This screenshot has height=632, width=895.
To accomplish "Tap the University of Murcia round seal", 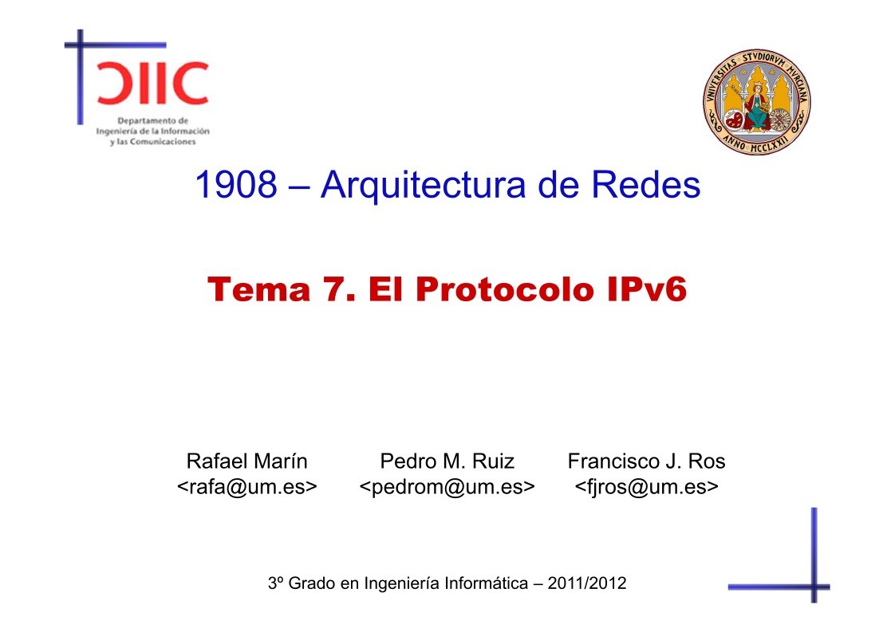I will tap(756, 98).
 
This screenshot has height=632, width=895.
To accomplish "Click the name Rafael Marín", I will tap(246, 461).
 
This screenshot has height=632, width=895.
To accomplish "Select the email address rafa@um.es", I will tap(246, 486).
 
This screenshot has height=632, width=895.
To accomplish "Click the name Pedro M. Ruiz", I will tap(447, 461).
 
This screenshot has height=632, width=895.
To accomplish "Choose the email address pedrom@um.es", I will tap(447, 486).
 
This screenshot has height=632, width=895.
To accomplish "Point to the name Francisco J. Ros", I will tap(646, 461).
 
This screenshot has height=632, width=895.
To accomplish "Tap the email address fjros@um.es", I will tap(646, 486).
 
